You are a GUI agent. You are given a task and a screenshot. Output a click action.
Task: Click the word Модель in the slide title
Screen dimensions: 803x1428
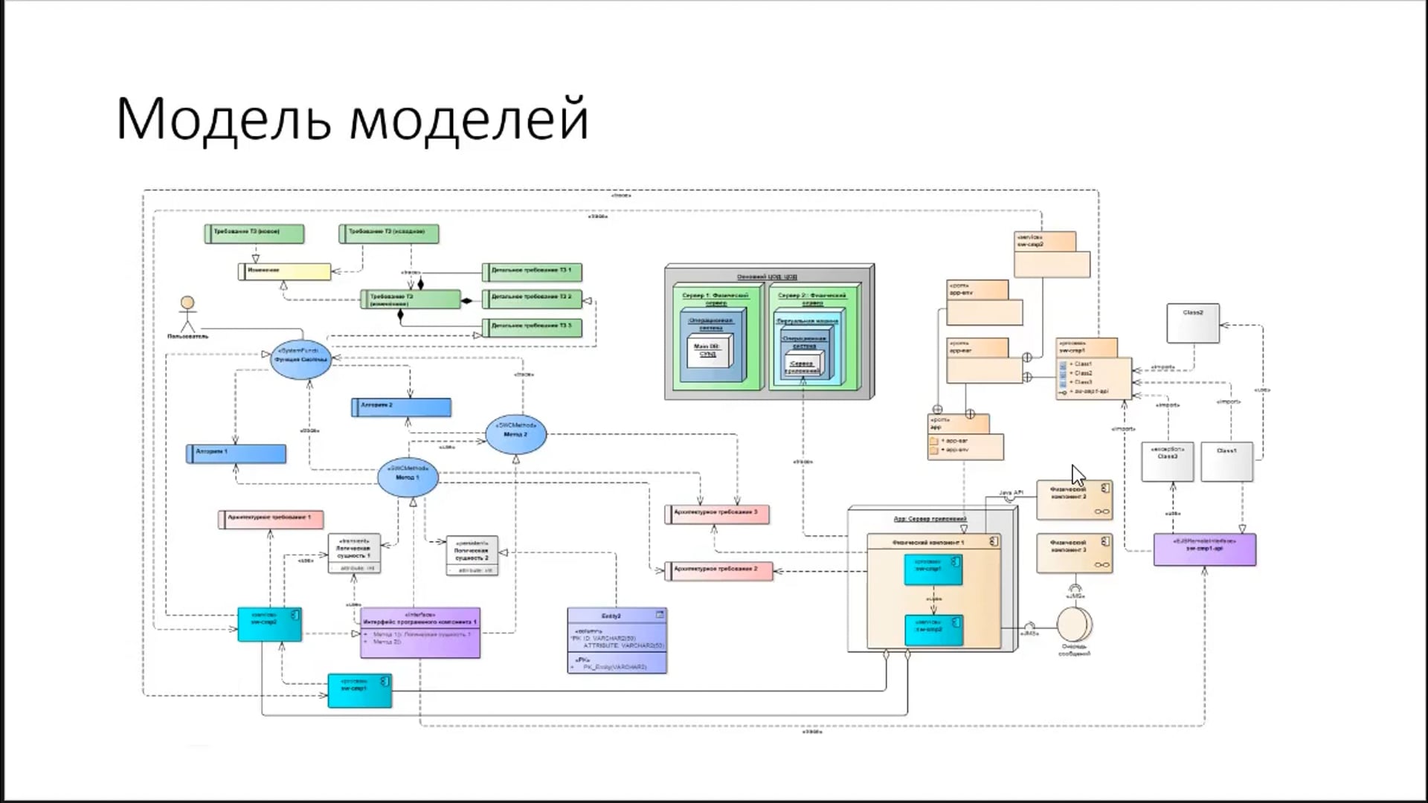[223, 119]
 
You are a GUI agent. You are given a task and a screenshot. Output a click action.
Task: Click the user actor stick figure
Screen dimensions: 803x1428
[187, 315]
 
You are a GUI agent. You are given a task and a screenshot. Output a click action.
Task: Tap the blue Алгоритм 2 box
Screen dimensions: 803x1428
[401, 407]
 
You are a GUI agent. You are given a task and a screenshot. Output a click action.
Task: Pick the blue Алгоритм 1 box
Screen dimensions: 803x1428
[236, 453]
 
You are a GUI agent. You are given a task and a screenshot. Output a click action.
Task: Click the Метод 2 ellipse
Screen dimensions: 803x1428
[515, 433]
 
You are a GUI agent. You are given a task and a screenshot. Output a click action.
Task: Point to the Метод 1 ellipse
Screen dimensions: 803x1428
[408, 477]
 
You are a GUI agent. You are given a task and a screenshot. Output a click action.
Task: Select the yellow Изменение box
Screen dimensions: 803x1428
[285, 271]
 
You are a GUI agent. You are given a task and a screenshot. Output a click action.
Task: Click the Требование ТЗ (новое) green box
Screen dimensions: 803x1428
[254, 233]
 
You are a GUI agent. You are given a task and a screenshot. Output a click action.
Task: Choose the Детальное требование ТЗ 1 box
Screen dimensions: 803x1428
[532, 271]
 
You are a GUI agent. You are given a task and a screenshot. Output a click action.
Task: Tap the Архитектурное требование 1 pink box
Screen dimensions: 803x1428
[271, 518]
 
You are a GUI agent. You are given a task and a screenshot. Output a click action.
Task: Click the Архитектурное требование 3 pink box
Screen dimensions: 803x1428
[717, 513]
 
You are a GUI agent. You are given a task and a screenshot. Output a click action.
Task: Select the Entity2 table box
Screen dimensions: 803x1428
[617, 640]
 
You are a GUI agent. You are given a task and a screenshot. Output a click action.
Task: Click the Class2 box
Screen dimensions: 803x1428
[1193, 323]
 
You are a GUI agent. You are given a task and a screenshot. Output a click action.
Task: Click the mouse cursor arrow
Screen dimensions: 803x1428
[1078, 474]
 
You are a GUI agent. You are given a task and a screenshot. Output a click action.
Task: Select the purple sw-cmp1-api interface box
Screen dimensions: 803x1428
[1204, 549]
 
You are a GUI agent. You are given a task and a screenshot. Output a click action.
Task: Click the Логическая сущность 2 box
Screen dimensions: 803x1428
[472, 555]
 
